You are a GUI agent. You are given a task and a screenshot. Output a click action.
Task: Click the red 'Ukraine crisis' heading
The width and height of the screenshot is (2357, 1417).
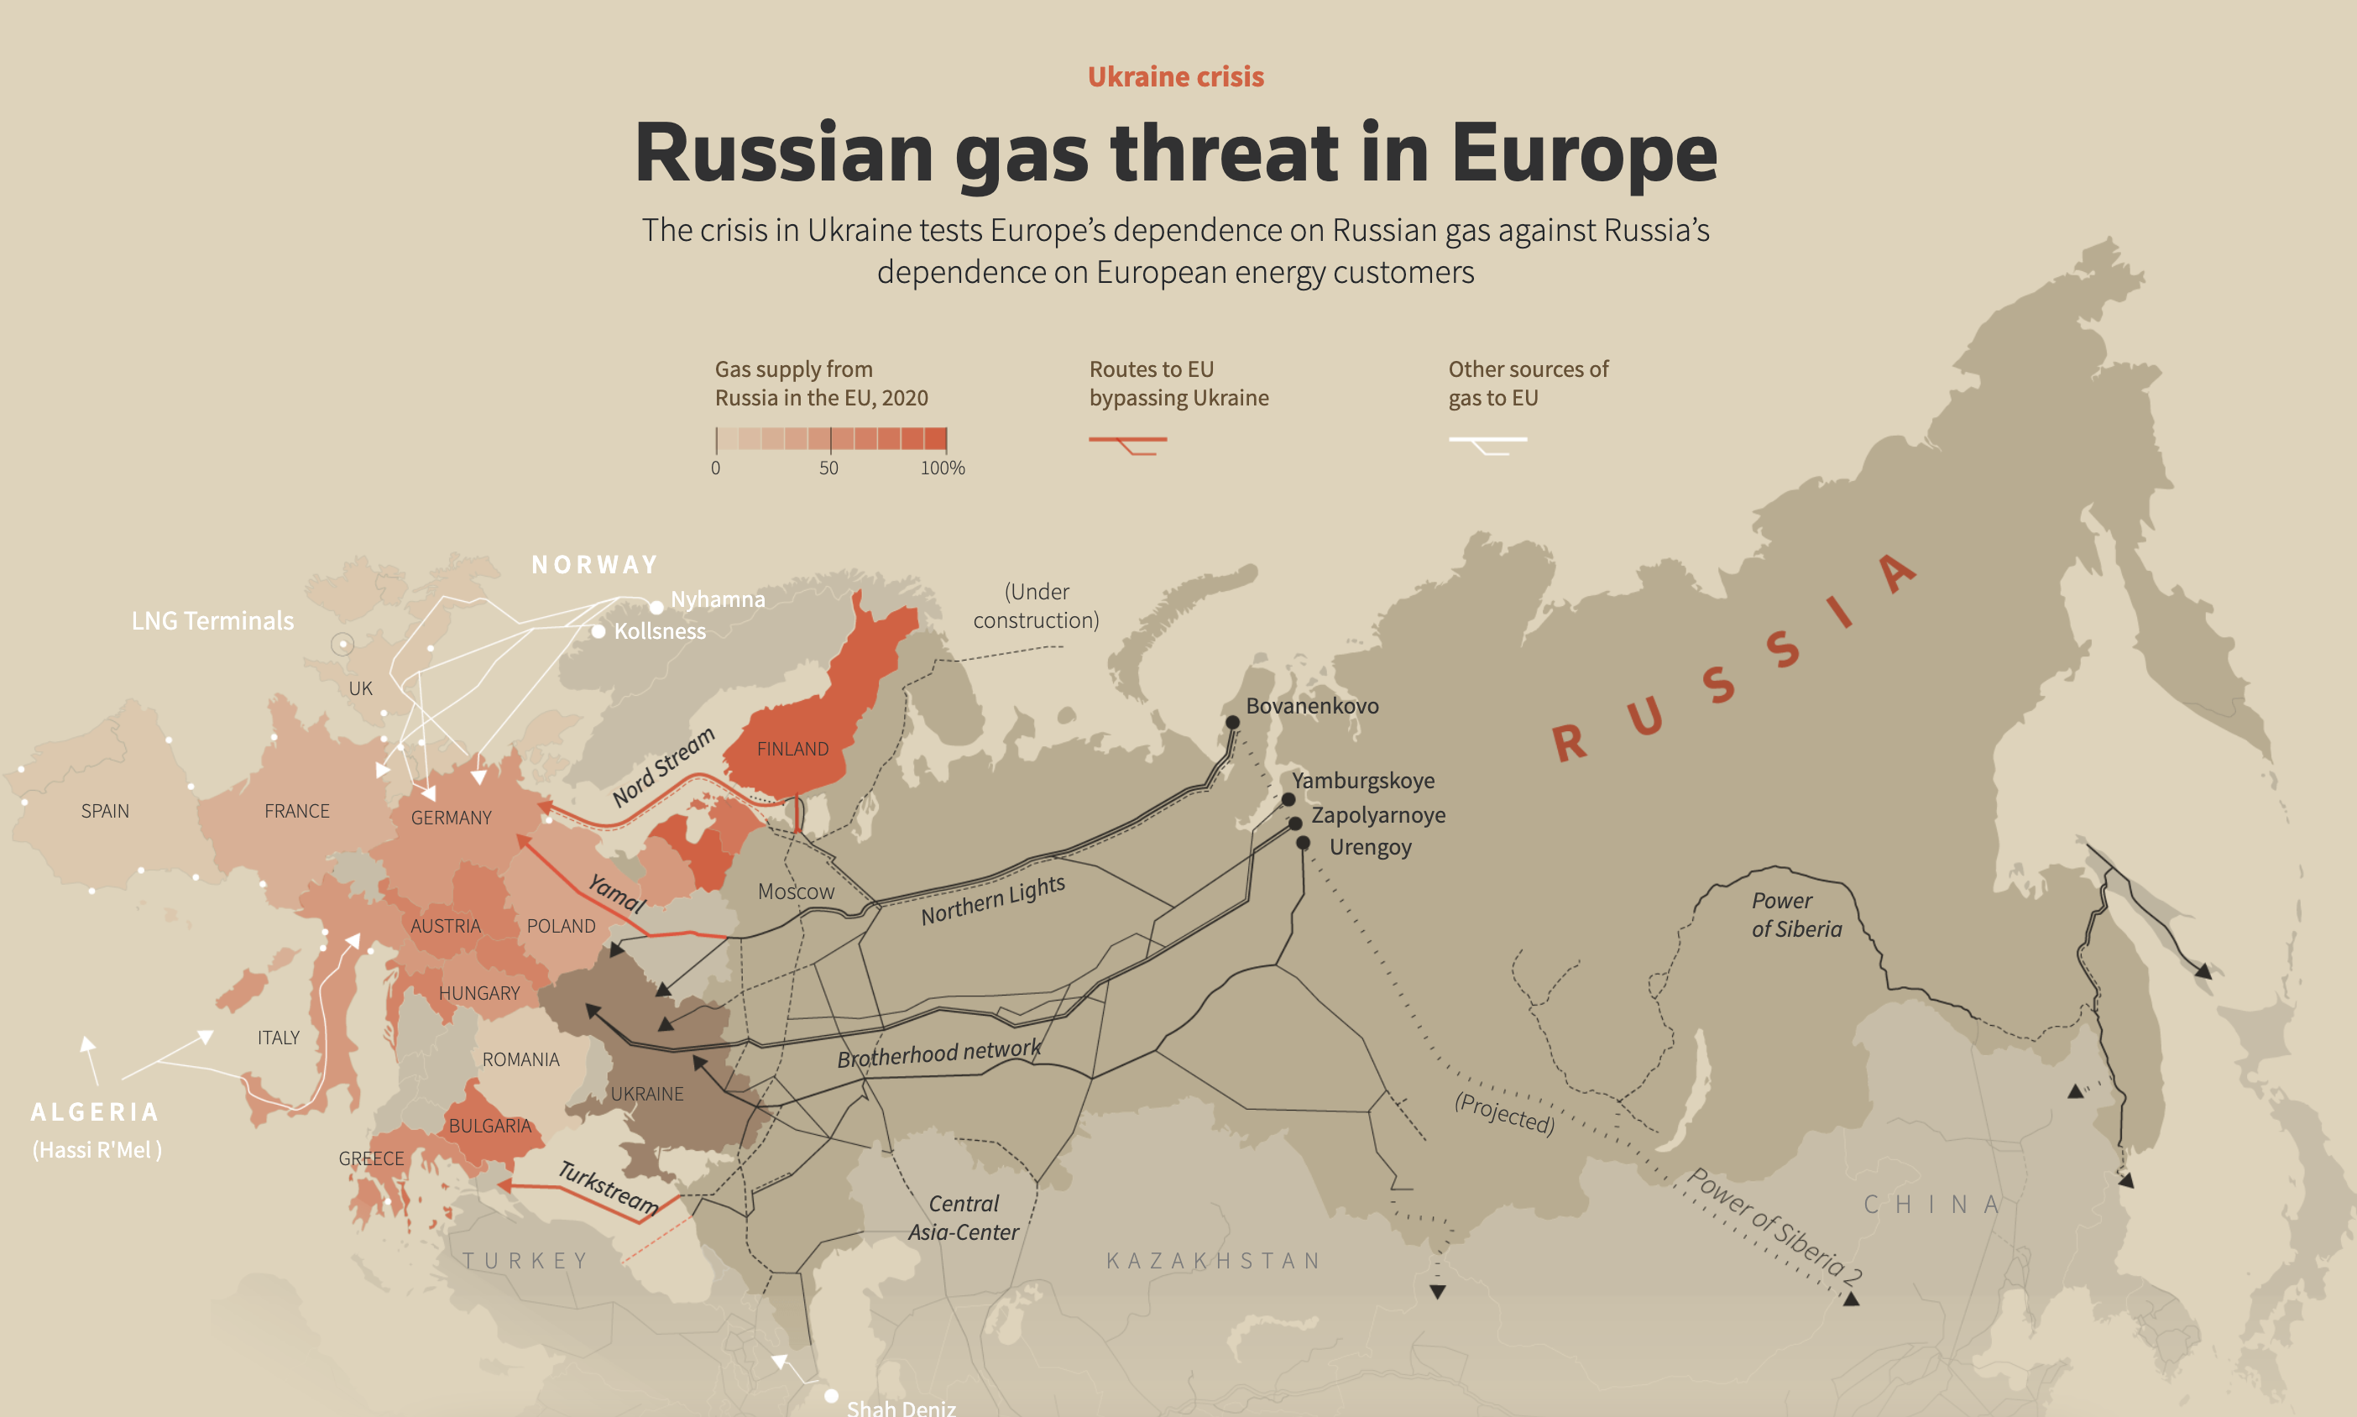pyautogui.click(x=1175, y=76)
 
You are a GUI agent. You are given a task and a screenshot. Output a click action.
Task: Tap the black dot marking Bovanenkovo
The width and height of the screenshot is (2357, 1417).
pyautogui.click(x=1232, y=723)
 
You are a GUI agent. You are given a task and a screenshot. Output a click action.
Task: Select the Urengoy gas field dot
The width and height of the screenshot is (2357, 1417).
pyautogui.click(x=1303, y=843)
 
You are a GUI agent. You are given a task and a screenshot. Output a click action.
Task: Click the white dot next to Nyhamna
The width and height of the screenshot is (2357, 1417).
pyautogui.click(x=656, y=607)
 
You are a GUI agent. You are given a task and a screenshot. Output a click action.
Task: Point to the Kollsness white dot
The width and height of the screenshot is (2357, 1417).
pyautogui.click(x=598, y=631)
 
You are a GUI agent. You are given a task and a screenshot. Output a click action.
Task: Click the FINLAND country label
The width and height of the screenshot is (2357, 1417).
pyautogui.click(x=792, y=749)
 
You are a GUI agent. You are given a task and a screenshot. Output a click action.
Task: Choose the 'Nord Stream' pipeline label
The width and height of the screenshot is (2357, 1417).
pyautogui.click(x=663, y=766)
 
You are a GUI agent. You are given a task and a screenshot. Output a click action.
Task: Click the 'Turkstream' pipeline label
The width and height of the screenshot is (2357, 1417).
pyautogui.click(x=608, y=1187)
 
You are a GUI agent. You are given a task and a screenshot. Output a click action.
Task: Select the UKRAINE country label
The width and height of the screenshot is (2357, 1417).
pyautogui.click(x=646, y=1093)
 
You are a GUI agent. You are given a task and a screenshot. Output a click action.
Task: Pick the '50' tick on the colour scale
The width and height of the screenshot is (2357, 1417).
pyautogui.click(x=828, y=468)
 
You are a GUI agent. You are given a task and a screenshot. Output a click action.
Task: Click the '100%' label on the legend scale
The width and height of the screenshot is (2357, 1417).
pyautogui.click(x=943, y=468)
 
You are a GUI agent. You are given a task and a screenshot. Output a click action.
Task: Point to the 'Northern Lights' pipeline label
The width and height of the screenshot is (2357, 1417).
pyautogui.click(x=993, y=899)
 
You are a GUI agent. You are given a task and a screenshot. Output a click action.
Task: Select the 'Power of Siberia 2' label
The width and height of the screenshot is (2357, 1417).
pyautogui.click(x=1774, y=1225)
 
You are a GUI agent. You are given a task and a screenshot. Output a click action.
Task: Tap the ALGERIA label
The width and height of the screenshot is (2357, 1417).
pyautogui.click(x=95, y=1111)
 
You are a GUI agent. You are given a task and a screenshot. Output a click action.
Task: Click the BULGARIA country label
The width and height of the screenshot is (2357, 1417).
pyautogui.click(x=489, y=1126)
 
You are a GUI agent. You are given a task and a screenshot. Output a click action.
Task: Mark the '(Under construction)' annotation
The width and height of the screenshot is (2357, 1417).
pyautogui.click(x=1036, y=605)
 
